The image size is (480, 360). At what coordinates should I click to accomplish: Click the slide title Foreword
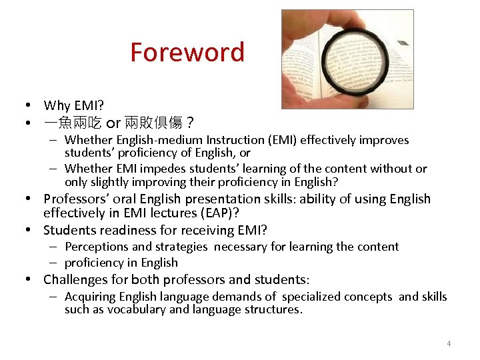[x=187, y=52]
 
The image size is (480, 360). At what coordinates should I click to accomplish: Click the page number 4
[x=449, y=344]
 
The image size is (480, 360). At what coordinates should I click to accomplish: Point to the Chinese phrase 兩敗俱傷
[x=153, y=123]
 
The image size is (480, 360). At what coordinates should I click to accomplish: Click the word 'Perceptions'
[x=97, y=247]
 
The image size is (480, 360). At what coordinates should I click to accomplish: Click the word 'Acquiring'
[x=90, y=297]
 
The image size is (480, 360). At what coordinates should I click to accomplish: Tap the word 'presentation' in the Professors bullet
[x=223, y=199]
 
